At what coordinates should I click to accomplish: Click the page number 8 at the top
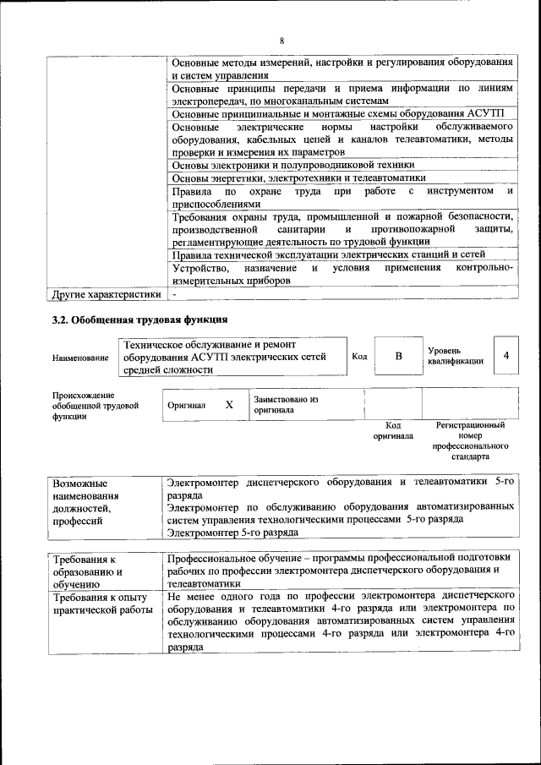pyautogui.click(x=282, y=41)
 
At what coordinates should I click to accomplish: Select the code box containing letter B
pyautogui.click(x=398, y=357)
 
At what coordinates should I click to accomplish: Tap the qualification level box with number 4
pyautogui.click(x=505, y=356)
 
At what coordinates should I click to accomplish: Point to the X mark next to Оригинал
pyautogui.click(x=229, y=404)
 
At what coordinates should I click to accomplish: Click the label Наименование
pyautogui.click(x=80, y=358)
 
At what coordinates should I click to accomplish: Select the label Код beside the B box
pyautogui.click(x=359, y=357)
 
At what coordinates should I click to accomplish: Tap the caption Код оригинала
pyautogui.click(x=392, y=431)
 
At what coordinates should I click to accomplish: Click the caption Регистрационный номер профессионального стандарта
pyautogui.click(x=470, y=440)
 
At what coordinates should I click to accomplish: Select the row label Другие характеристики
pyautogui.click(x=106, y=294)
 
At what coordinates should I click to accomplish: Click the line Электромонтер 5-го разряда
pyautogui.click(x=232, y=533)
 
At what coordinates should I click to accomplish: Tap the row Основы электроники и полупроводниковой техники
pyautogui.click(x=292, y=165)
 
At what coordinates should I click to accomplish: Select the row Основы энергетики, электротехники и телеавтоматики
pyautogui.click(x=298, y=178)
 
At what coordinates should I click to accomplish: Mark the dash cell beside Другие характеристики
pyautogui.click(x=172, y=294)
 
